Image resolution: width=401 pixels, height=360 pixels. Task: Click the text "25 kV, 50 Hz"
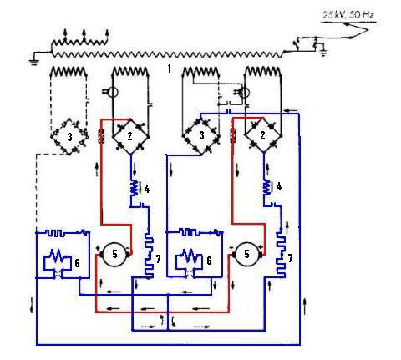(x=348, y=14)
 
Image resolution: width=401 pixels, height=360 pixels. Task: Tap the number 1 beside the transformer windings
(x=170, y=68)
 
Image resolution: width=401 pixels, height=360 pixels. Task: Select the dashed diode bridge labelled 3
(x=69, y=137)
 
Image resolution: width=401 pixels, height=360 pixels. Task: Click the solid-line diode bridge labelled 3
(x=201, y=136)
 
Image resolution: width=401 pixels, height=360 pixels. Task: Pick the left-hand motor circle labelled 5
(x=114, y=254)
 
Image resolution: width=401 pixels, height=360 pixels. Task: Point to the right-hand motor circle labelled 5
(x=246, y=254)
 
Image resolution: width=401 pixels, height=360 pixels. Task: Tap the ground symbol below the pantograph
(x=323, y=53)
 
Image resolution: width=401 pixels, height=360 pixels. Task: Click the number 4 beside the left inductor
(x=147, y=190)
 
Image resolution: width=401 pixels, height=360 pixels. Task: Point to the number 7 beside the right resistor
(x=290, y=258)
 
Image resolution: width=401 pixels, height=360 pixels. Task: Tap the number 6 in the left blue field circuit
(x=77, y=263)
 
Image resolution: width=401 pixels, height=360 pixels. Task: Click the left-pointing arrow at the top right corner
(x=292, y=111)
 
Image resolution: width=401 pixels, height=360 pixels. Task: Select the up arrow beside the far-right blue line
(x=305, y=306)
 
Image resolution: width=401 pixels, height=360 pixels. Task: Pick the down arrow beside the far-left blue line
(x=32, y=305)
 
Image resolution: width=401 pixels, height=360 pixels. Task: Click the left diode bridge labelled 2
(x=130, y=136)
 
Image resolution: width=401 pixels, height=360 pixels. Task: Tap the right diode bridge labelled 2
(x=263, y=135)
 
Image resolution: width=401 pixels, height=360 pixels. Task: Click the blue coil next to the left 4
(x=135, y=187)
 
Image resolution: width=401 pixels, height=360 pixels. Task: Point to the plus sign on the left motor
(x=98, y=248)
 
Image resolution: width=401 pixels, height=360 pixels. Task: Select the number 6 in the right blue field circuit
(x=209, y=261)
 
